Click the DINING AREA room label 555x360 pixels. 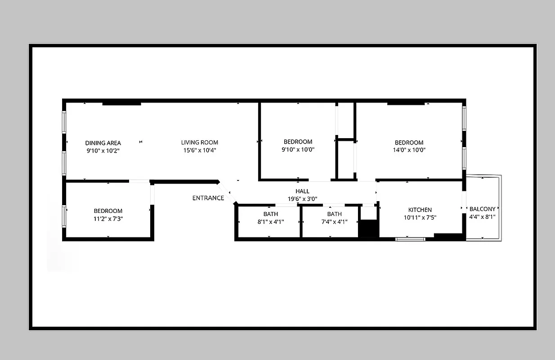pos(103,143)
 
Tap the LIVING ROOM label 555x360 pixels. pos(200,143)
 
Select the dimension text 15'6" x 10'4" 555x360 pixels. pos(200,150)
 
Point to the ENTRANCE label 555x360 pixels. pos(208,198)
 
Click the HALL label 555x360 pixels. pos(302,191)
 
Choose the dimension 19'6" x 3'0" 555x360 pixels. pos(302,198)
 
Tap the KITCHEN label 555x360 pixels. pos(420,210)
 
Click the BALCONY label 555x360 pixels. pos(482,209)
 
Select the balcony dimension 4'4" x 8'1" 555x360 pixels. pos(482,216)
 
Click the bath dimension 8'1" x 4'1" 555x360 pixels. pos(271,221)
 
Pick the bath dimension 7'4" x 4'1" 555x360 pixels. pos(334,221)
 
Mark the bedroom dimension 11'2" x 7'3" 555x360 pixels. pos(108,218)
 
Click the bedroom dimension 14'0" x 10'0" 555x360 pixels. pos(409,150)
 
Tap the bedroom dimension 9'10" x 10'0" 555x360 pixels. pos(298,149)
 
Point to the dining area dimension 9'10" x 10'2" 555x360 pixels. pos(103,151)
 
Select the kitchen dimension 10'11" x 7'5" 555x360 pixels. pos(420,217)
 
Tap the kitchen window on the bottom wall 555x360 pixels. pos(410,239)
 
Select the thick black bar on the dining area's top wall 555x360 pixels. pos(121,104)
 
